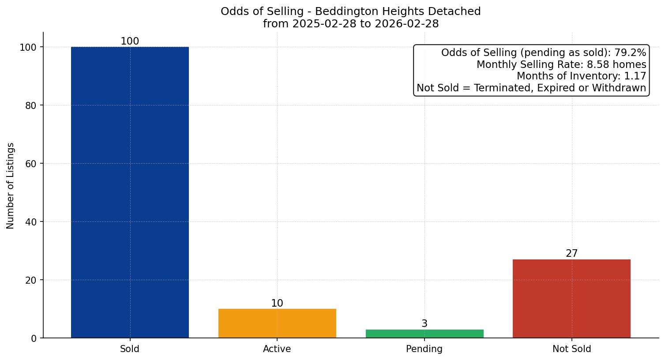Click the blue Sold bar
130,192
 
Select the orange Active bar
277,323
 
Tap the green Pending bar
425,334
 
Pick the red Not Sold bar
571,299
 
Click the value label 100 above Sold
130,41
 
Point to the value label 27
571,254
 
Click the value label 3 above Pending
425,324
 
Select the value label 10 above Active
277,304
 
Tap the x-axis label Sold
130,349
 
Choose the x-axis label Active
277,349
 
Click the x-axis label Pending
425,349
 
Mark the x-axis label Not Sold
571,349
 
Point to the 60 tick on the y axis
30,164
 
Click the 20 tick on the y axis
30,280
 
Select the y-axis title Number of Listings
11,185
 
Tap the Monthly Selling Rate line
561,65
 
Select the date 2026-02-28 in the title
406,24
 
